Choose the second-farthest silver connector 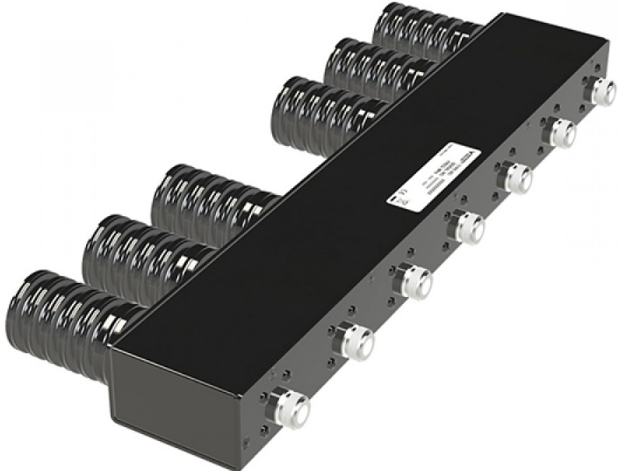[560, 133]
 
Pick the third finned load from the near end [202, 198]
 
